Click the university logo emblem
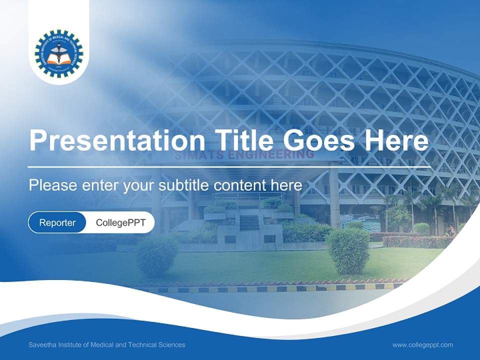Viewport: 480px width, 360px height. coord(59,53)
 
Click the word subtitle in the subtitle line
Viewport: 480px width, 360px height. coord(184,185)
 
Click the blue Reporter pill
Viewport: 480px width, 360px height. coord(57,222)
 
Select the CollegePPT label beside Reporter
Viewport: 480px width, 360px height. coord(120,222)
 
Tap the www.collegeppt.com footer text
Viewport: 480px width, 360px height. coord(422,344)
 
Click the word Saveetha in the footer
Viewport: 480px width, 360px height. coord(43,344)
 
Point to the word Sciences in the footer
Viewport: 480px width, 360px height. coord(171,344)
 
